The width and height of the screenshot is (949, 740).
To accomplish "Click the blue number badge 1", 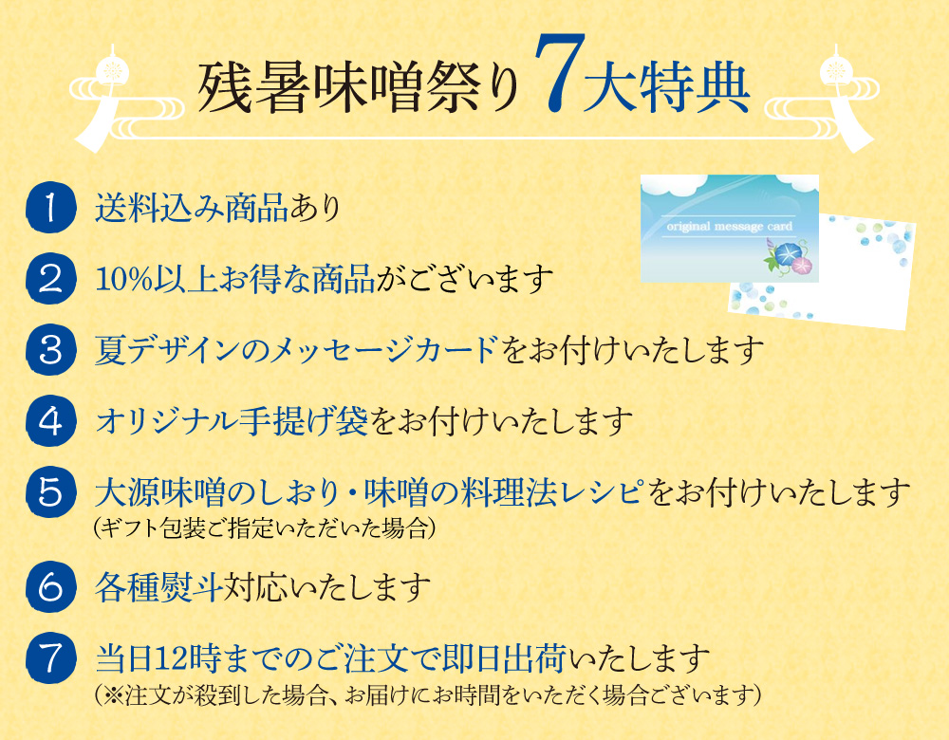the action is [x=51, y=208].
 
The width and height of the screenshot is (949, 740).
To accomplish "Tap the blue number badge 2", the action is [x=51, y=279].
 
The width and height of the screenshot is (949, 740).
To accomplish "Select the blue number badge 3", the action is [x=51, y=350].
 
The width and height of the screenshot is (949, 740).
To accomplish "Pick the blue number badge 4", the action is [x=51, y=421].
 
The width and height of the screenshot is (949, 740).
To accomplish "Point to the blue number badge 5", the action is [x=51, y=492].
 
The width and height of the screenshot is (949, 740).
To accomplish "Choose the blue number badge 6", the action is [x=51, y=586].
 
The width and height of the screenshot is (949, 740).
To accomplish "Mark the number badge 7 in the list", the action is [x=51, y=657].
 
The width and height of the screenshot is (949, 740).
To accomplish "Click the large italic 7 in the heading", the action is [x=559, y=73].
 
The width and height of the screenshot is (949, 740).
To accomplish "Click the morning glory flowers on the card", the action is [x=790, y=258].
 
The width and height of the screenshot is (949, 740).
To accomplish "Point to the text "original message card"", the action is [x=729, y=227].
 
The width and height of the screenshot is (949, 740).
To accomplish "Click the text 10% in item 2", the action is [x=123, y=280].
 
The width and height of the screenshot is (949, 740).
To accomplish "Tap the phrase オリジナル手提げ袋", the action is [x=232, y=421].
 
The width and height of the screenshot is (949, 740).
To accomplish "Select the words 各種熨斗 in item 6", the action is [x=158, y=587].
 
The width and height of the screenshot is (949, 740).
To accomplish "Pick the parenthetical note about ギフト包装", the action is [x=265, y=528].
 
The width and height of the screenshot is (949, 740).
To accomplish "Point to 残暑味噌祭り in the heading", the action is [x=359, y=88].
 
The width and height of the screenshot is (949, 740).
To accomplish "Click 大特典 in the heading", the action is [x=666, y=88].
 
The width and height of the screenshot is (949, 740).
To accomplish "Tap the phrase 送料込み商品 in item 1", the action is [x=192, y=208].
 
